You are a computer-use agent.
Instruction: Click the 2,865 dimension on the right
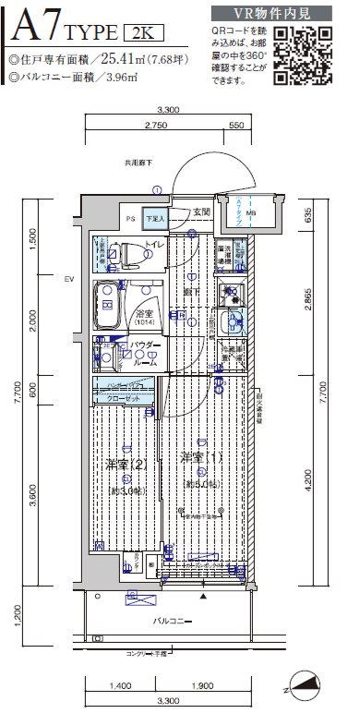[x=317, y=300]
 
